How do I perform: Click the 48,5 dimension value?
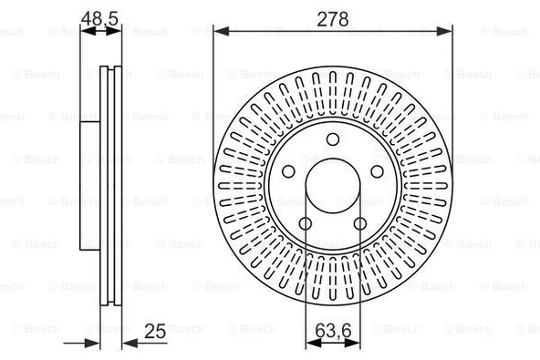101,15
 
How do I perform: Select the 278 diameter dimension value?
333,15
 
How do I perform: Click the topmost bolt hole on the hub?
333,138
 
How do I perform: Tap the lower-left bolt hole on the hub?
306,223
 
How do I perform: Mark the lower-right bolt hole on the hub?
360,223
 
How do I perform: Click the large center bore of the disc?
333,186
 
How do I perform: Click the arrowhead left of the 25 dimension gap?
94,343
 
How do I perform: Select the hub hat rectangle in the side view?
90,186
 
